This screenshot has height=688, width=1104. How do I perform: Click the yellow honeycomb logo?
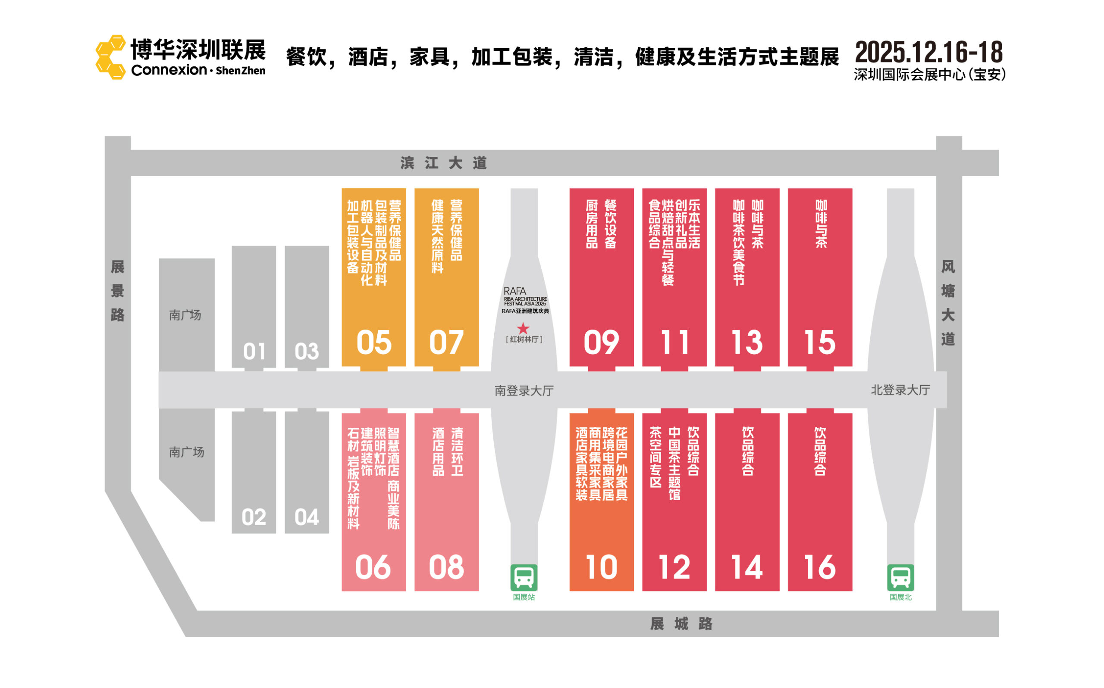(110, 57)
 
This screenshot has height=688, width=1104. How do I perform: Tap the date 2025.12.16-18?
(928, 52)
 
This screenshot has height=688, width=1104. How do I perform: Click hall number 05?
(374, 342)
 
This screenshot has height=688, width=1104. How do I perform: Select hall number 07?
(446, 342)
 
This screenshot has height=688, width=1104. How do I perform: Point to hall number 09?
(601, 342)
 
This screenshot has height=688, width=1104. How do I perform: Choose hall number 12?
(674, 567)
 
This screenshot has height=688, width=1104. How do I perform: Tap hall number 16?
(820, 567)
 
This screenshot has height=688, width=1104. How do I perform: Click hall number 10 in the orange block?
(601, 567)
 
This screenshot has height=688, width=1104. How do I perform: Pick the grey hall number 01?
(254, 352)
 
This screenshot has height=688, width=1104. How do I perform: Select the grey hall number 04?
(307, 517)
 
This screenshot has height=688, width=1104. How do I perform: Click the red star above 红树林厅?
(523, 328)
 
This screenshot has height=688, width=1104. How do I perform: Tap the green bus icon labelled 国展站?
(524, 577)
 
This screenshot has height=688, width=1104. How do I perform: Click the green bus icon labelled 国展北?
(900, 577)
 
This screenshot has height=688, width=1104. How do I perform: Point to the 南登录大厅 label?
(524, 391)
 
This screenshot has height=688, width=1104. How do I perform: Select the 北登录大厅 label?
(900, 390)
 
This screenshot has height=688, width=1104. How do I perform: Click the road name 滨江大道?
(444, 163)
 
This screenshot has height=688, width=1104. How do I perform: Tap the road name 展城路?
(681, 624)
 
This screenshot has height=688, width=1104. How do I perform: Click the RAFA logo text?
(514, 291)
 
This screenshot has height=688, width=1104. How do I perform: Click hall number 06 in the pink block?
(373, 567)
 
